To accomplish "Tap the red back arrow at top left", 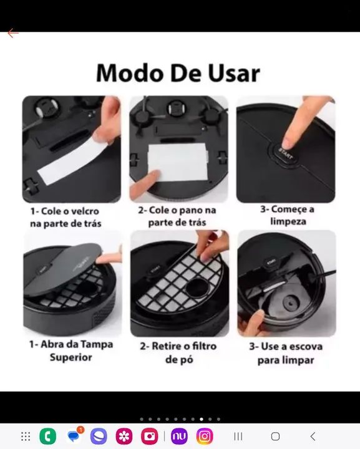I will pyautogui.click(x=12, y=33).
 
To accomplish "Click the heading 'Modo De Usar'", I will pyautogui.click(x=178, y=73).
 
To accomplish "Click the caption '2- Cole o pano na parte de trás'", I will pyautogui.click(x=178, y=216).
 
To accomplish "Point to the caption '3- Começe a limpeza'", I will pyautogui.click(x=287, y=215).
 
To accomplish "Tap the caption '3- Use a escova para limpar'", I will pyautogui.click(x=287, y=354).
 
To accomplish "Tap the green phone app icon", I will pyautogui.click(x=47, y=436).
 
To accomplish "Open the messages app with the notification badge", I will pyautogui.click(x=74, y=436).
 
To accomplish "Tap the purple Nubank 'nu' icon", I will pyautogui.click(x=179, y=436).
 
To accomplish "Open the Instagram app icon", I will pyautogui.click(x=205, y=436).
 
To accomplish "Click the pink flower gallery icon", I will pyautogui.click(x=124, y=436).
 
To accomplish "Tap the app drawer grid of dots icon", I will pyautogui.click(x=26, y=436).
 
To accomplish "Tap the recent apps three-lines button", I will pyautogui.click(x=238, y=436).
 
